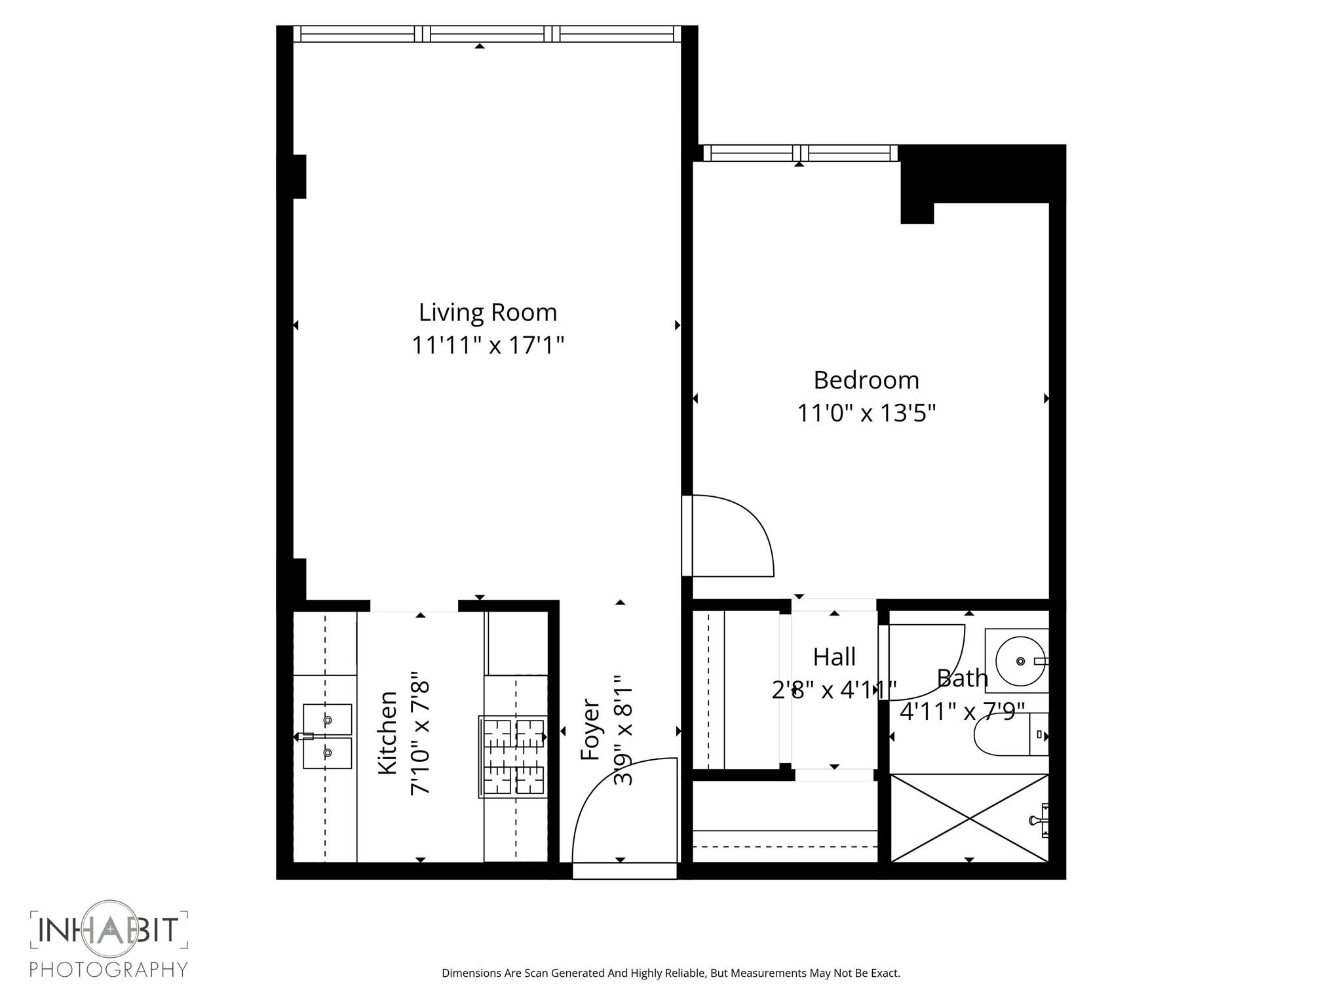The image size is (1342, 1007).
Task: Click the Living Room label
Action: coord(488,312)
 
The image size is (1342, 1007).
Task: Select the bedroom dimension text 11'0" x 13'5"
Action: coord(866,413)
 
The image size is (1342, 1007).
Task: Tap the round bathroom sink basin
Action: coord(1020,661)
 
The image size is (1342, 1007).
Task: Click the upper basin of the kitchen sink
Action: coord(327,720)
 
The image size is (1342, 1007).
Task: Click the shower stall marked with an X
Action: coord(969,818)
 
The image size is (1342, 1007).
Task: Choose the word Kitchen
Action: coord(388,733)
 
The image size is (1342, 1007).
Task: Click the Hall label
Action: coord(834,656)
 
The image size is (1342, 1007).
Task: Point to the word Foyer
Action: coord(590,730)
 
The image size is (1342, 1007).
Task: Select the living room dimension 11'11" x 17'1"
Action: coord(488,345)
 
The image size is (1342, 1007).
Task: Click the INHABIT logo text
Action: coord(109,929)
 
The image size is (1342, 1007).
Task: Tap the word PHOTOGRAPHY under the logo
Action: coord(109,969)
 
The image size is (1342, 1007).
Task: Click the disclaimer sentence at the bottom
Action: coord(670,973)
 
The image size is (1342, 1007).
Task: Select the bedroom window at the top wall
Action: coord(799,153)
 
